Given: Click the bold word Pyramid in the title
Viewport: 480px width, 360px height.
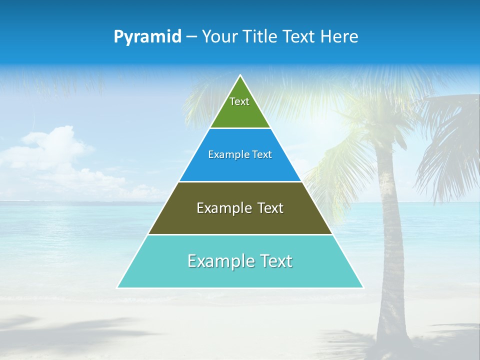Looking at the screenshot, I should coord(147,37).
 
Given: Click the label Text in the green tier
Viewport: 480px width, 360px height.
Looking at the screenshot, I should coord(239,101).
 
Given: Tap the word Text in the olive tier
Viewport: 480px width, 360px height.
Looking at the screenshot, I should coord(271,208).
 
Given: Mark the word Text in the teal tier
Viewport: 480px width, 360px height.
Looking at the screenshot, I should coord(276,261).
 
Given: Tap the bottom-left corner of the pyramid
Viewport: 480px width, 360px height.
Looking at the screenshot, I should coord(117,287).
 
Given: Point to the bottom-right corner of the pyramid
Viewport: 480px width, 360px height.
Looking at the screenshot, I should coord(363,287).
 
